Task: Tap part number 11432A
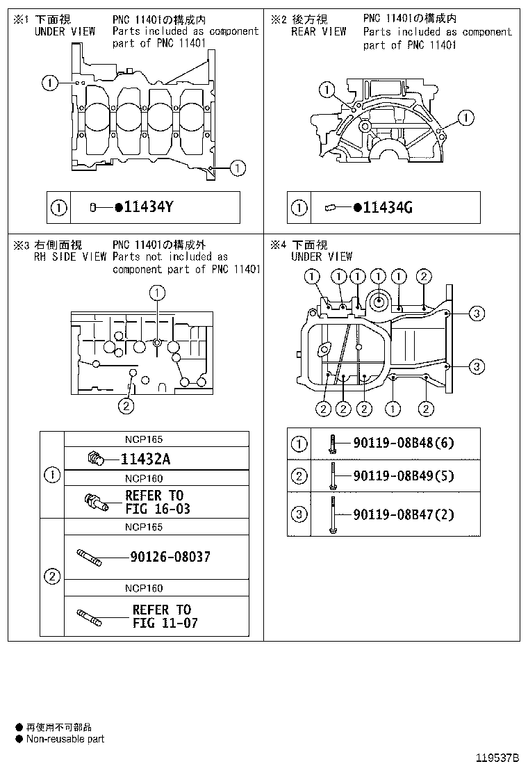(x=147, y=459)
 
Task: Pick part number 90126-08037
(x=170, y=557)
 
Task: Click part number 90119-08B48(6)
(x=403, y=443)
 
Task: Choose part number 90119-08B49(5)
(x=403, y=476)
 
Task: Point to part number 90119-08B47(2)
(x=403, y=514)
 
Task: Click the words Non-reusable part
(x=65, y=739)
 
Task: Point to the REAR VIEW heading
(x=318, y=31)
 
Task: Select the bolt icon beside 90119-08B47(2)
(x=333, y=514)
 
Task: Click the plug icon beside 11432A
(x=95, y=458)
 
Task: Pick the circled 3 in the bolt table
(x=299, y=514)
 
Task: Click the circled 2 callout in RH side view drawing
(x=126, y=406)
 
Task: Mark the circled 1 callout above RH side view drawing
(x=157, y=293)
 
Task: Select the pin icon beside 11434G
(x=330, y=207)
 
